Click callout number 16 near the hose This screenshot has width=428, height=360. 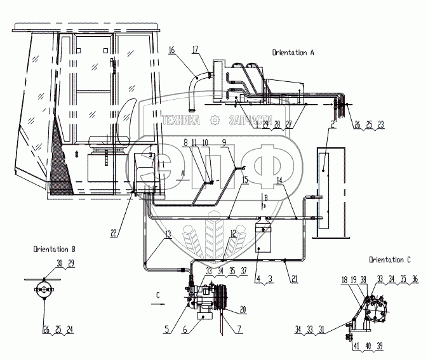coord(172,49)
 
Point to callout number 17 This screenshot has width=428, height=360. coord(194,49)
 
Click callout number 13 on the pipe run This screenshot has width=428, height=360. coord(168,234)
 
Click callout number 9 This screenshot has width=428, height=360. coord(224,142)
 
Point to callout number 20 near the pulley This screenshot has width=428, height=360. coord(242,310)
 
